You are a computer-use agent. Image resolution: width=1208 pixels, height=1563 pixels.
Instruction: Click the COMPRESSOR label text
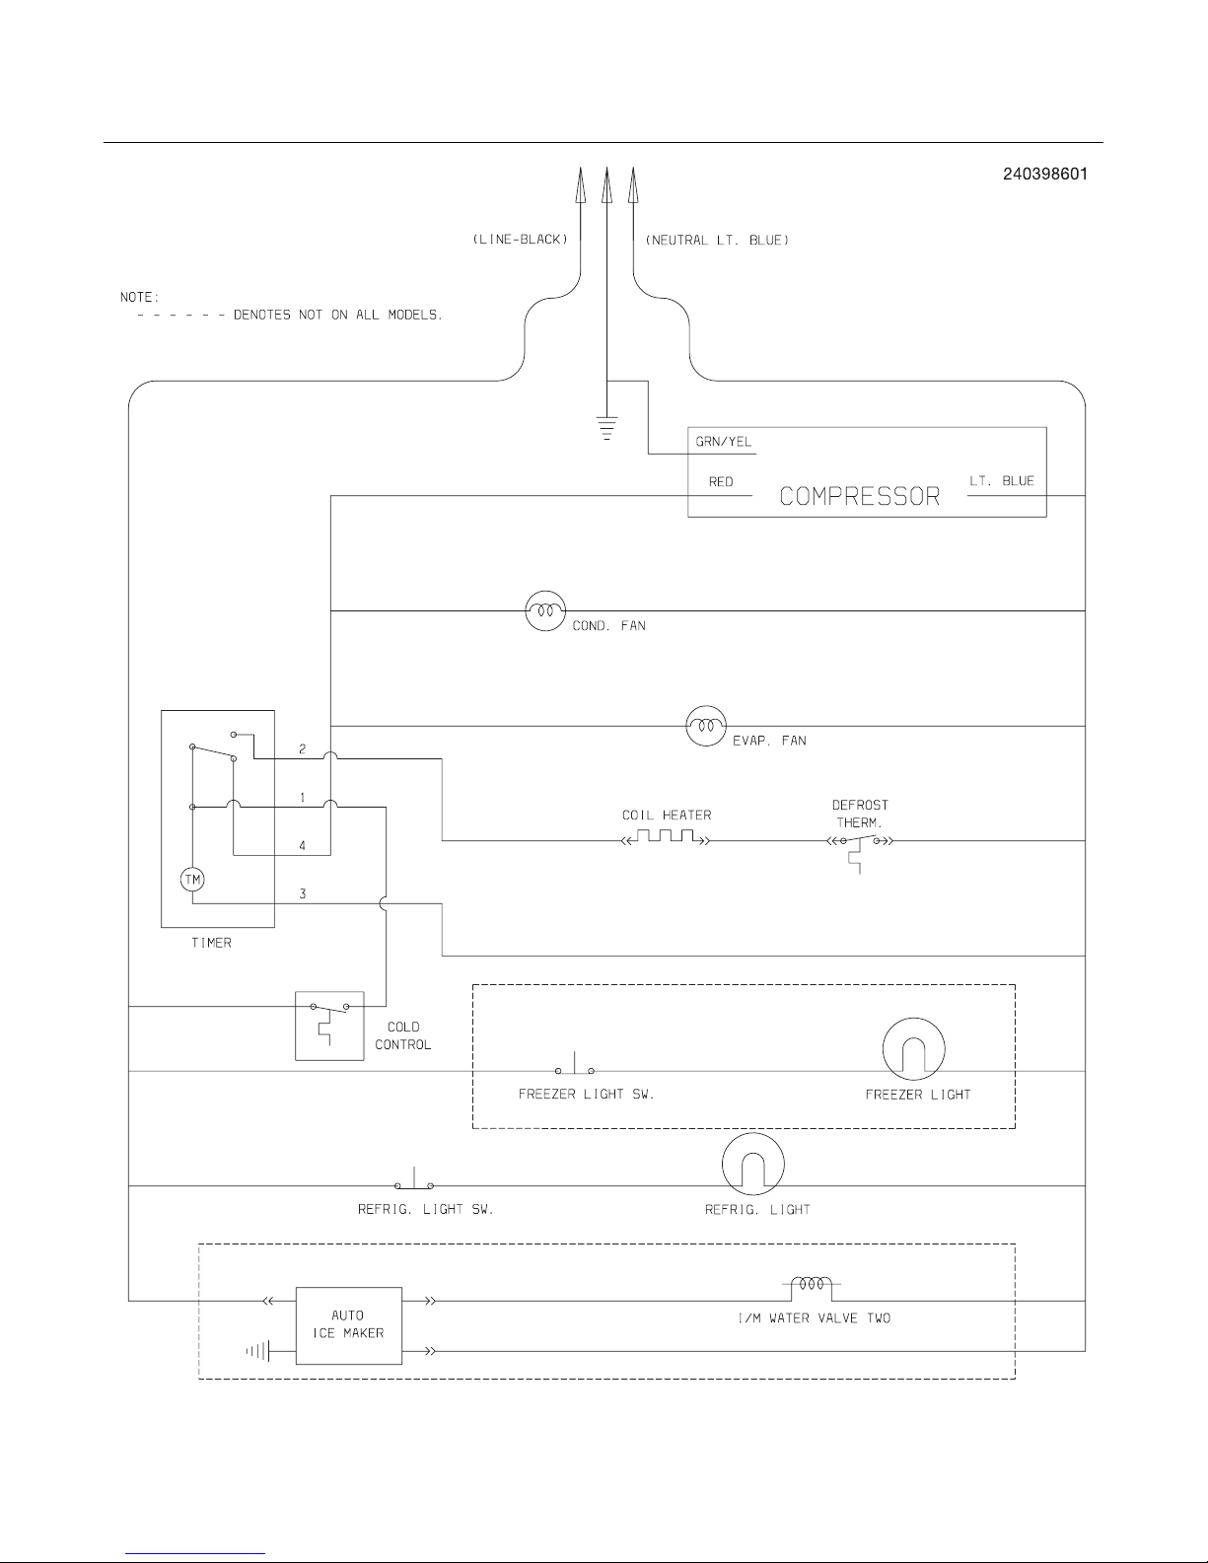click(x=860, y=496)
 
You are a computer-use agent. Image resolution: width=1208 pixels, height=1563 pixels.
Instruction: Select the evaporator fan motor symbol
click(x=705, y=727)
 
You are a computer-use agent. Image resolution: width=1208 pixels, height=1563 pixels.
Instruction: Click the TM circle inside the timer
click(x=192, y=879)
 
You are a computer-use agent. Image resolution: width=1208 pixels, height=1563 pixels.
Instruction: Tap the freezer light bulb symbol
click(x=913, y=1048)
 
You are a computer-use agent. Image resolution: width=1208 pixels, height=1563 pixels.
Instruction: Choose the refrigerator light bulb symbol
click(x=753, y=1164)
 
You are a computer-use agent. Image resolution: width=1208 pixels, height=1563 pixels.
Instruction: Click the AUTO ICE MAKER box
click(x=348, y=1324)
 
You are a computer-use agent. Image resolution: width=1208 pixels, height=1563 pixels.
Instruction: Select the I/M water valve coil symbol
click(x=812, y=1285)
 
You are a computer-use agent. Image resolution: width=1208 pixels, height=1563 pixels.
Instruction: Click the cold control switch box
click(x=329, y=1025)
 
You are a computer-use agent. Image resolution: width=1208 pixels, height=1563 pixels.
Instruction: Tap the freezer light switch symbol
click(x=576, y=1068)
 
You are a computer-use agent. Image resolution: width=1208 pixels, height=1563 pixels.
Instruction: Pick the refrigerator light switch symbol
click(x=414, y=1182)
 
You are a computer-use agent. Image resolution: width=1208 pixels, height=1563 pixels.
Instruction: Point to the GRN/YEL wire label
click(x=724, y=442)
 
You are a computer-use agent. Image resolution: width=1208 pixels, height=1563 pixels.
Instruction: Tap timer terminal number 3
click(x=303, y=893)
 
